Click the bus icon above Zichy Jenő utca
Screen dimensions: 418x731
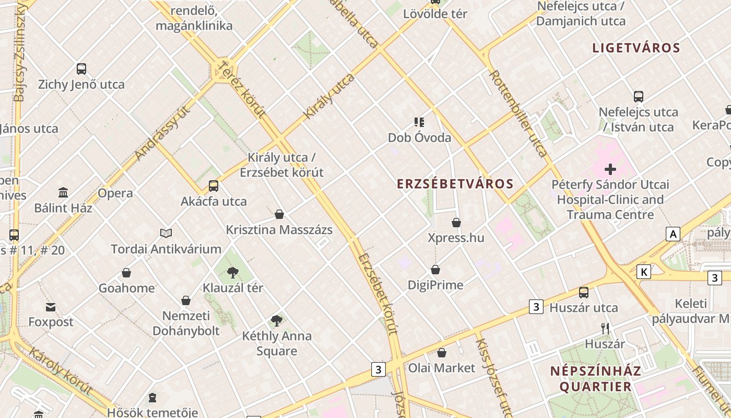point(81,68)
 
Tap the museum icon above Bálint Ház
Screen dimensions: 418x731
point(63,192)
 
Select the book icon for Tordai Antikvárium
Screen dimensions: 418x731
point(166,233)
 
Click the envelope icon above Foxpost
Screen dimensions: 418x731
point(51,307)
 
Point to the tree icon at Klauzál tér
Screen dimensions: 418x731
point(233,272)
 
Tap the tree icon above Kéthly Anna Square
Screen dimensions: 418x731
point(277,321)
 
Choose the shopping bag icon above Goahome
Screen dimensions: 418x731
point(126,273)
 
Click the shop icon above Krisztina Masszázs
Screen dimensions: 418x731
point(279,214)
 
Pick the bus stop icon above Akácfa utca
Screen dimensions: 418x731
point(214,185)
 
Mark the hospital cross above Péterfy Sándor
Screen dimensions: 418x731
point(610,169)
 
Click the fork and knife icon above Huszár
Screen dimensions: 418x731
point(605,328)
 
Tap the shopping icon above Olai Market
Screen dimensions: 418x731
point(442,353)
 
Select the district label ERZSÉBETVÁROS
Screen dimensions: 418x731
point(455,184)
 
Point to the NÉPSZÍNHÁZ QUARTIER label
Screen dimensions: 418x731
point(595,379)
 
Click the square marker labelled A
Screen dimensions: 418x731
point(674,234)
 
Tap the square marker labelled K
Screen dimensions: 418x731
point(644,272)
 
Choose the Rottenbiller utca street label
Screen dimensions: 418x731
point(518,113)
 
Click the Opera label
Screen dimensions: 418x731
point(115,193)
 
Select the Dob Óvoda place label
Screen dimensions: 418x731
point(419,138)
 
